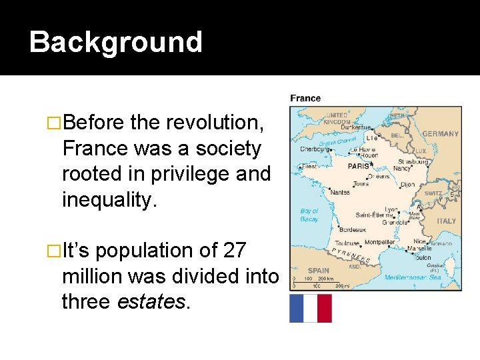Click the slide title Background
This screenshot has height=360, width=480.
(x=115, y=41)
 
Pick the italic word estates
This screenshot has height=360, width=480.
(x=153, y=301)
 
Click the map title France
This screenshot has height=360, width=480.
(x=305, y=99)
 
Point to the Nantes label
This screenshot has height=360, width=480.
(x=339, y=192)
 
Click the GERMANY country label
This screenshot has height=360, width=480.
(x=440, y=133)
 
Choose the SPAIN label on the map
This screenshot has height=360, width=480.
(x=319, y=270)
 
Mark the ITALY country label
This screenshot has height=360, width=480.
(x=446, y=221)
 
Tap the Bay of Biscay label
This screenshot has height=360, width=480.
(x=309, y=215)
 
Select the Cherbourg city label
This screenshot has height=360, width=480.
(x=313, y=150)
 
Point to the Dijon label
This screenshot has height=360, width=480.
(x=408, y=185)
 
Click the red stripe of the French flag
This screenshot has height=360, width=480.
(x=324, y=308)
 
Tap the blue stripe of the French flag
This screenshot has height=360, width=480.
(x=297, y=308)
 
